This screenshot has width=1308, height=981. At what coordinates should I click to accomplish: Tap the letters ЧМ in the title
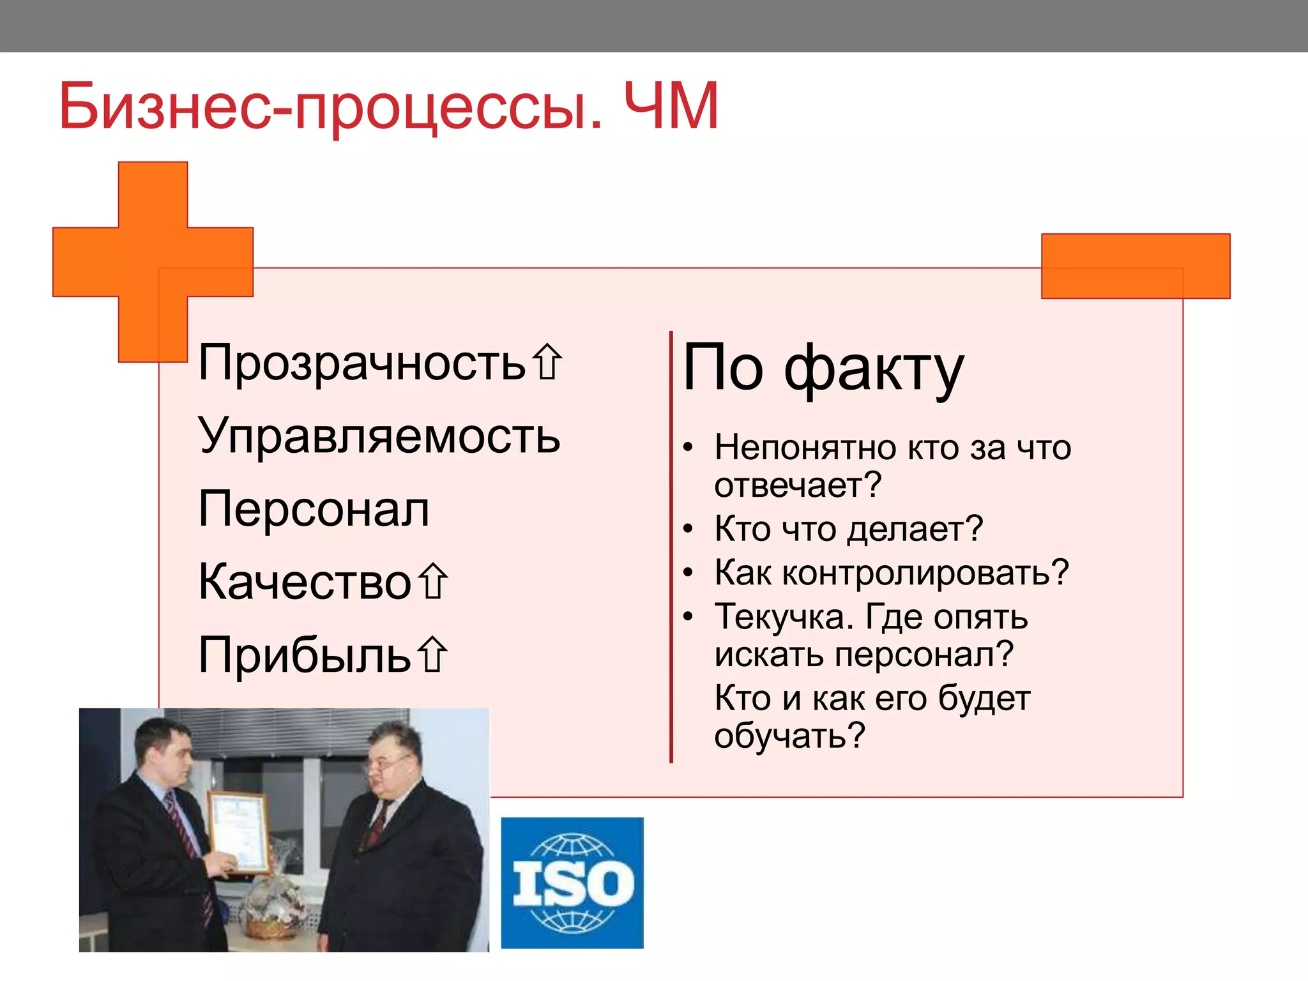pos(671,106)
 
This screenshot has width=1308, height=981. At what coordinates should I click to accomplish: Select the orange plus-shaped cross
pos(153,261)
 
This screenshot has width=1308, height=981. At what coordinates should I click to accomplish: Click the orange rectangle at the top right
pos(1135,266)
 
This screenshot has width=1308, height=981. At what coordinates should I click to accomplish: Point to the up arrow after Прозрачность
pos(547,362)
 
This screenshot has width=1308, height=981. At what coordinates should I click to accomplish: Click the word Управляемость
pos(379,436)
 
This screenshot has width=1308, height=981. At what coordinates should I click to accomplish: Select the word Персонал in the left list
pos(314,510)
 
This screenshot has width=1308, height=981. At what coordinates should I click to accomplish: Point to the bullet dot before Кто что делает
pos(688,529)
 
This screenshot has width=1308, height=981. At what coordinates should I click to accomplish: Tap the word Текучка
pos(783,617)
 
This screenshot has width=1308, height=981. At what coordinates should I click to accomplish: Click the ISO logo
pos(572,883)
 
